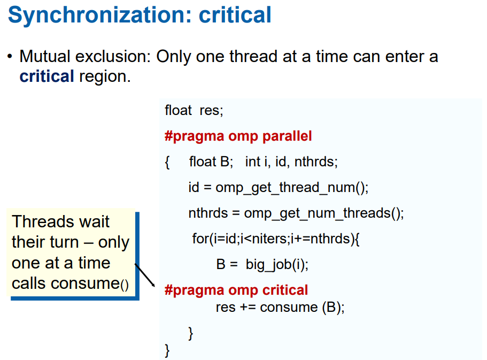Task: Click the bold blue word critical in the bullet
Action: (x=47, y=76)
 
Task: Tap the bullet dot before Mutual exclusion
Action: (x=10, y=57)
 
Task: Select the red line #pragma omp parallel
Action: (x=238, y=136)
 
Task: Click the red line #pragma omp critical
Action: (x=236, y=290)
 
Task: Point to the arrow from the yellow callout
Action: (x=145, y=275)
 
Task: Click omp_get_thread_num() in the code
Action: (x=292, y=188)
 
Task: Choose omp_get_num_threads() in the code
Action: (x=323, y=213)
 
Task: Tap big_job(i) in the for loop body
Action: (x=277, y=265)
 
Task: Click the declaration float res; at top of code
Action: (x=194, y=110)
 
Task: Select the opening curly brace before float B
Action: (x=167, y=162)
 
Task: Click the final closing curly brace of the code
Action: (x=167, y=351)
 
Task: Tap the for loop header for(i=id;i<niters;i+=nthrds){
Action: (x=276, y=239)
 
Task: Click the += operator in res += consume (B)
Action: (x=248, y=308)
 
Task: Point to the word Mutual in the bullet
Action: (x=45, y=57)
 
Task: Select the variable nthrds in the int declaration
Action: (x=316, y=162)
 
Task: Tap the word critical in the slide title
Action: (x=235, y=15)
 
